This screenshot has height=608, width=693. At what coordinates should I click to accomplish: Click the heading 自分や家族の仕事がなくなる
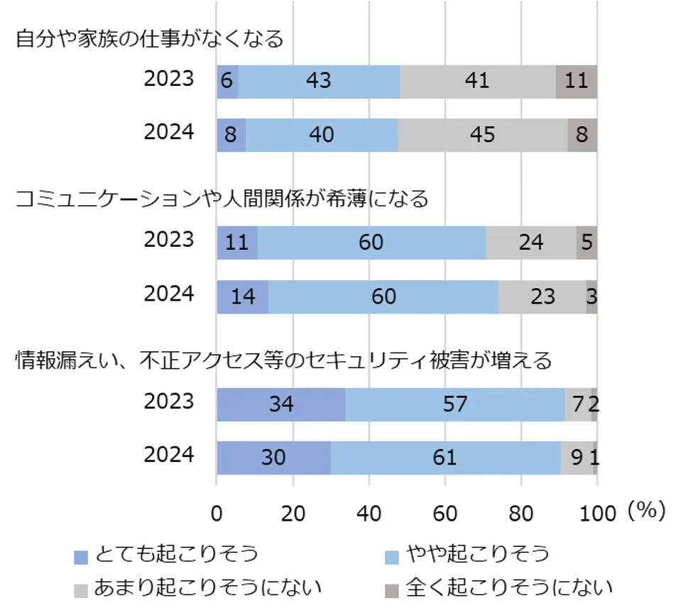(150, 38)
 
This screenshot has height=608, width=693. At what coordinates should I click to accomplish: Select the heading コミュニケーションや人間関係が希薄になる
(222, 199)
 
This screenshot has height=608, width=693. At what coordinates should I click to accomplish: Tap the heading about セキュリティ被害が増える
(284, 361)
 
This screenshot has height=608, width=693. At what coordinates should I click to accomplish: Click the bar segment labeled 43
(319, 81)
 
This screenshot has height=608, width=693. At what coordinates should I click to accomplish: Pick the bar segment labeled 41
(477, 81)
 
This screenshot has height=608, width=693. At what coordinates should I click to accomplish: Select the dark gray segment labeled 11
(576, 81)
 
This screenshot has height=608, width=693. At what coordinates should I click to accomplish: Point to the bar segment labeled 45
(482, 135)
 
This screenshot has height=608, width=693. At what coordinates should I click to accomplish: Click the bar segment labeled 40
(322, 135)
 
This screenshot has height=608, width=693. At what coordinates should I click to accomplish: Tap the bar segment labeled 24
(530, 243)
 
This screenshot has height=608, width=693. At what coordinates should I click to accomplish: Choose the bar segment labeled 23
(542, 297)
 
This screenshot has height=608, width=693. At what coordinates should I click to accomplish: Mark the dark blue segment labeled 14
(243, 297)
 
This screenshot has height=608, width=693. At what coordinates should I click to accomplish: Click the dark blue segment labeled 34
(281, 404)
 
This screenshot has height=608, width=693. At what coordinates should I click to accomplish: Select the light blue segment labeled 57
(454, 404)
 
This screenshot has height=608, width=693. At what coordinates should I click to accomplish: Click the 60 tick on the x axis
(445, 512)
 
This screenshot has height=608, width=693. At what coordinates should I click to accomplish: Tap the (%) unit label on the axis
(645, 511)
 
